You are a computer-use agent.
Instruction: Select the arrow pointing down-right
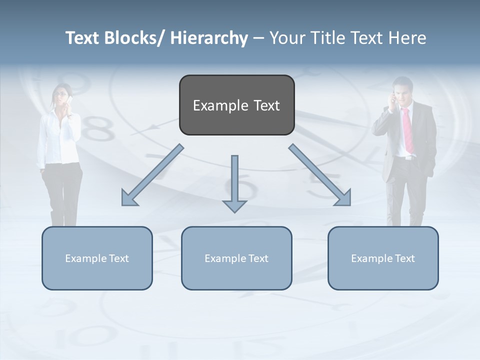[320, 175]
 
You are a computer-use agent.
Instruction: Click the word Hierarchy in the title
[209, 38]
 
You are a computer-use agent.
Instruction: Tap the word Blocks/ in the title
[134, 38]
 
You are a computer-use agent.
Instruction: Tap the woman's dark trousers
[63, 190]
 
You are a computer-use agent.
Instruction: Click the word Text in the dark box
[265, 105]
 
